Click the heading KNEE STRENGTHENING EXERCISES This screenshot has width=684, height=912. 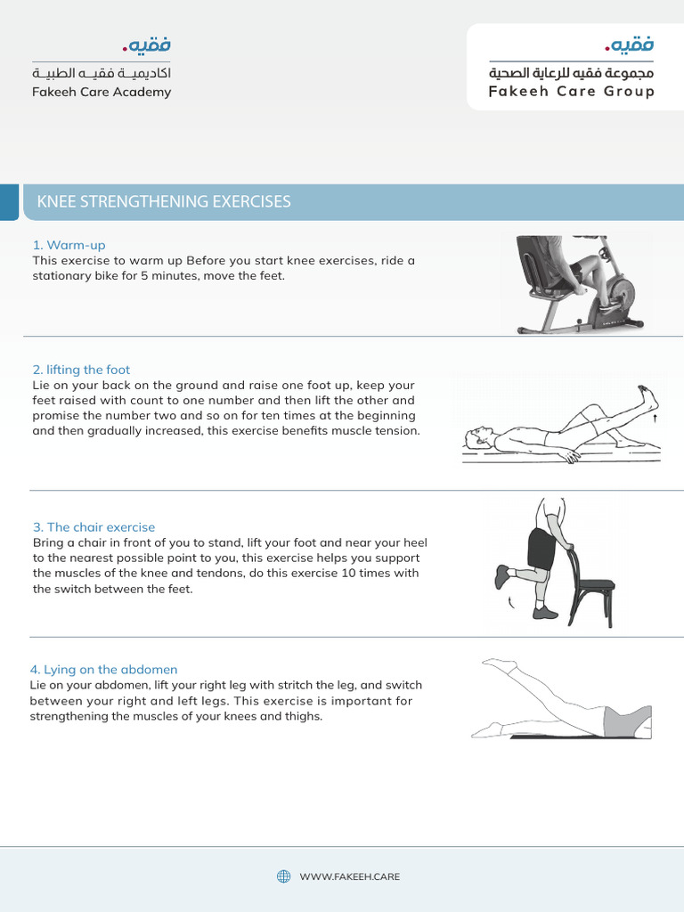(x=164, y=201)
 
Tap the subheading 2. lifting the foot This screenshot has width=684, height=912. (x=81, y=370)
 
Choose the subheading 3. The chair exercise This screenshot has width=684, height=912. (x=94, y=527)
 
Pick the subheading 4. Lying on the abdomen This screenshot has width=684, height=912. (x=104, y=670)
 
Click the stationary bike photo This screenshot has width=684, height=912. (x=577, y=283)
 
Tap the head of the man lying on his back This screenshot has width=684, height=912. (x=476, y=436)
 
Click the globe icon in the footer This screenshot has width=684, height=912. (x=284, y=876)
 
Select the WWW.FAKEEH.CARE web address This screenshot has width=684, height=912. (x=349, y=877)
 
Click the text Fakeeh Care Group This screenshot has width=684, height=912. (x=571, y=92)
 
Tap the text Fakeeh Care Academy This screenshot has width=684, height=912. (x=102, y=92)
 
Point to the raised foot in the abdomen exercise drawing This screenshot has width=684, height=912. (x=500, y=664)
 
